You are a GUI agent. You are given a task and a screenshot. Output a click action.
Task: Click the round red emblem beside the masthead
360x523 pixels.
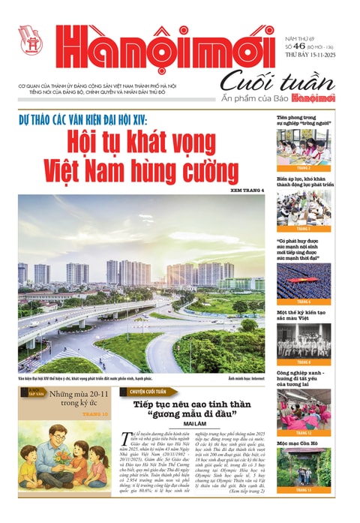[31, 40]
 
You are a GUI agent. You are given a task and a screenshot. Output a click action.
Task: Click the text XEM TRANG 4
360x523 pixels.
[241, 190]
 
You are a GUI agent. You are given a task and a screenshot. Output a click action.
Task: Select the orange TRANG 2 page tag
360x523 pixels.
[303, 169]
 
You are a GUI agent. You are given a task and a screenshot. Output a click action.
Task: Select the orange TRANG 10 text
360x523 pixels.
[94, 413]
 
